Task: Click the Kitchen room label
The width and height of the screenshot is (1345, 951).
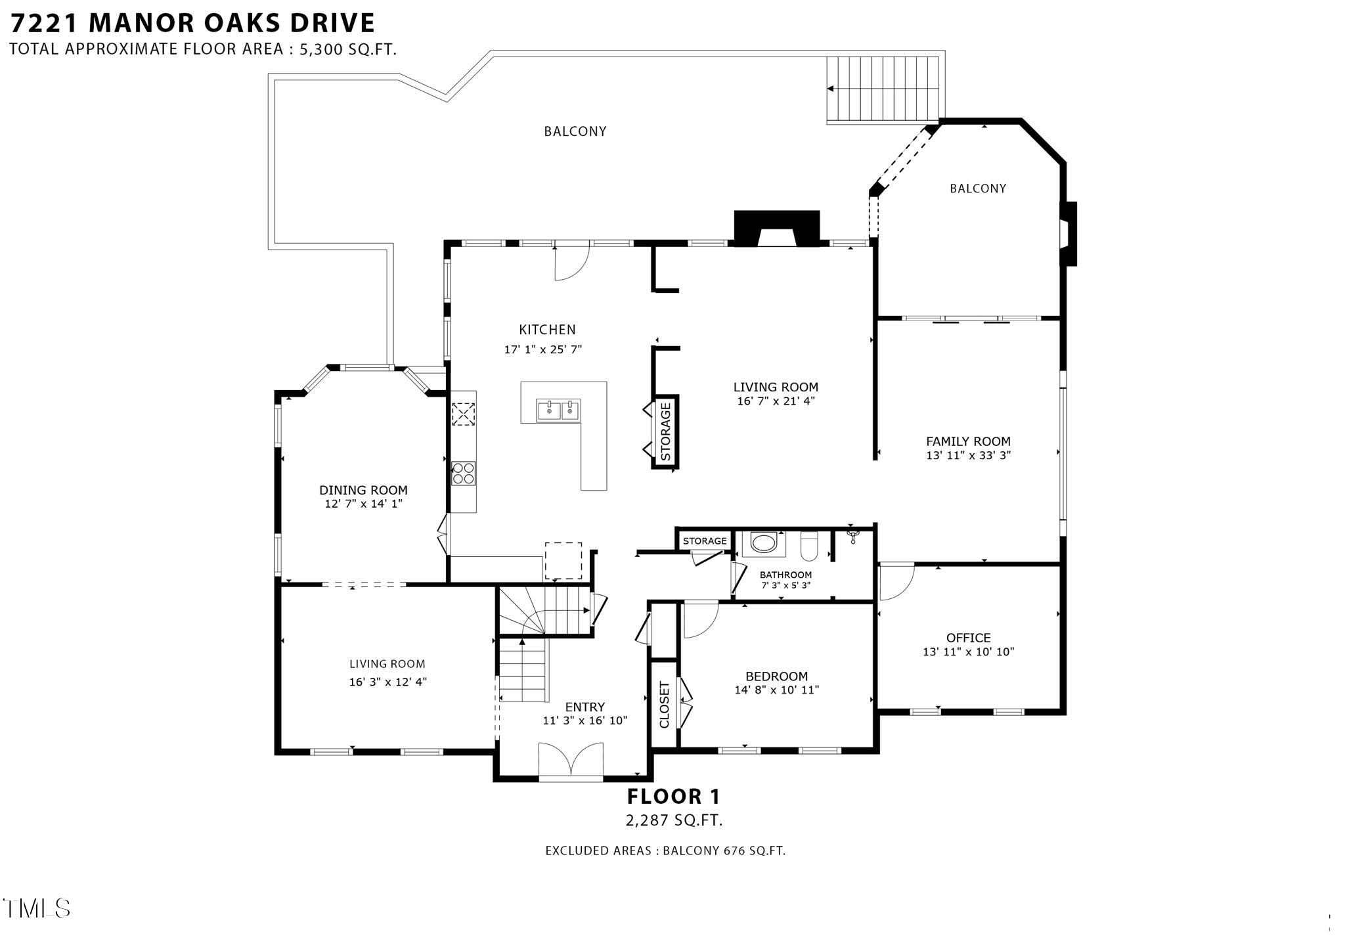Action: click(547, 330)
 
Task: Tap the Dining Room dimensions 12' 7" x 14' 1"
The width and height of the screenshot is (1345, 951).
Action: click(363, 504)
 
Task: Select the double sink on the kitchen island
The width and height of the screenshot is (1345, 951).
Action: click(559, 410)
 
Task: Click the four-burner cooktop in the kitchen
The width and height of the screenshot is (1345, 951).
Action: click(464, 473)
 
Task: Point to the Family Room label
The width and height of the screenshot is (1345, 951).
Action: click(968, 441)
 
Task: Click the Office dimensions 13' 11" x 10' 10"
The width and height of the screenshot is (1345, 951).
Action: click(968, 652)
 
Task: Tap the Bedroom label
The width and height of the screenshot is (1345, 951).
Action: click(776, 676)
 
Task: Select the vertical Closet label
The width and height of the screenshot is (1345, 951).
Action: click(664, 705)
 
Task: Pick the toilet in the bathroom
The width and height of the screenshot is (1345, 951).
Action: click(809, 547)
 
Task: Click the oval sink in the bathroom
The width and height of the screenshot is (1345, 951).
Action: click(763, 543)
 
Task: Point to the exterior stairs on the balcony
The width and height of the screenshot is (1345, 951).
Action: click(883, 89)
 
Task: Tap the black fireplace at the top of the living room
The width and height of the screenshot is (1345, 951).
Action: click(776, 228)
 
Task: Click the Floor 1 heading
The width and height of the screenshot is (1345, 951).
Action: click(673, 797)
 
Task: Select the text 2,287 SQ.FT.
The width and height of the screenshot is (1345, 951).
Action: click(673, 820)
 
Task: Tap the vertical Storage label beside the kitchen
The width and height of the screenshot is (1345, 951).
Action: click(665, 431)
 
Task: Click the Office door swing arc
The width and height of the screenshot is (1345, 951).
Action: click(896, 582)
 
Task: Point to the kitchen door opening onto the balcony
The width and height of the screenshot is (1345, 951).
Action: click(571, 261)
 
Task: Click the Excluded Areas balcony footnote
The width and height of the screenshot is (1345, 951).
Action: click(665, 851)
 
